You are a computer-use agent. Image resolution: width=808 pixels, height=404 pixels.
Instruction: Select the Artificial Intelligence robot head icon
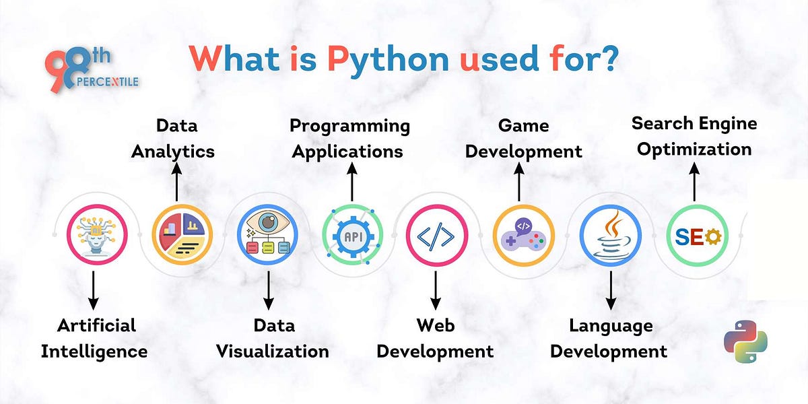pyautogui.click(x=97, y=234)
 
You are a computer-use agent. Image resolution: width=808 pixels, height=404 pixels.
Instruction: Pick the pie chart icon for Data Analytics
pyautogui.click(x=182, y=234)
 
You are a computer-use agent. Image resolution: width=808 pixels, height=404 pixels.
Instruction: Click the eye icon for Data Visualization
pyautogui.click(x=268, y=234)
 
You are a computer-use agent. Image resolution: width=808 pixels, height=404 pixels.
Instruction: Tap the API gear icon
pyautogui.click(x=352, y=235)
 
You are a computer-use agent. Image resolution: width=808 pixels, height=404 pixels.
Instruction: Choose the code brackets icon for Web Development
pyautogui.click(x=436, y=235)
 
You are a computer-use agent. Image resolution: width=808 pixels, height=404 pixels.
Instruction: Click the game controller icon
pyautogui.click(x=523, y=235)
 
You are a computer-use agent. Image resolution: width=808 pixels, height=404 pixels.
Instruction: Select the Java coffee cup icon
pyautogui.click(x=610, y=235)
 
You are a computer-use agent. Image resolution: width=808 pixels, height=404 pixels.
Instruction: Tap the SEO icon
pyautogui.click(x=696, y=235)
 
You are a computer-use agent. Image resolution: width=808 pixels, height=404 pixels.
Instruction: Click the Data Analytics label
pyautogui.click(x=173, y=138)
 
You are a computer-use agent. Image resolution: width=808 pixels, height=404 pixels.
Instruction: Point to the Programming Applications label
pyautogui.click(x=349, y=138)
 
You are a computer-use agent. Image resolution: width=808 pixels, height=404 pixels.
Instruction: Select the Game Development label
pyautogui.click(x=523, y=138)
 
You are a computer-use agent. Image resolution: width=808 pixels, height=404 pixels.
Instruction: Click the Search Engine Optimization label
pyautogui.click(x=694, y=136)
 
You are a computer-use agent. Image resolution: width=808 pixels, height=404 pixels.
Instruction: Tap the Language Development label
pyautogui.click(x=611, y=338)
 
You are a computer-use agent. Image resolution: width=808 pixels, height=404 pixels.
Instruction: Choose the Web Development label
pyautogui.click(x=435, y=338)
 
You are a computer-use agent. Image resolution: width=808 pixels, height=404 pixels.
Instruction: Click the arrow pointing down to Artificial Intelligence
pyautogui.click(x=94, y=290)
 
